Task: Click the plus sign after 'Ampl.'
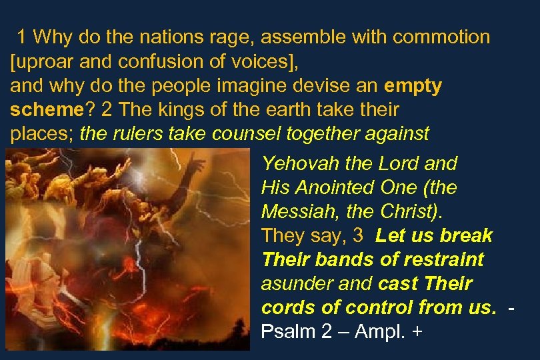(x=417, y=331)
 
